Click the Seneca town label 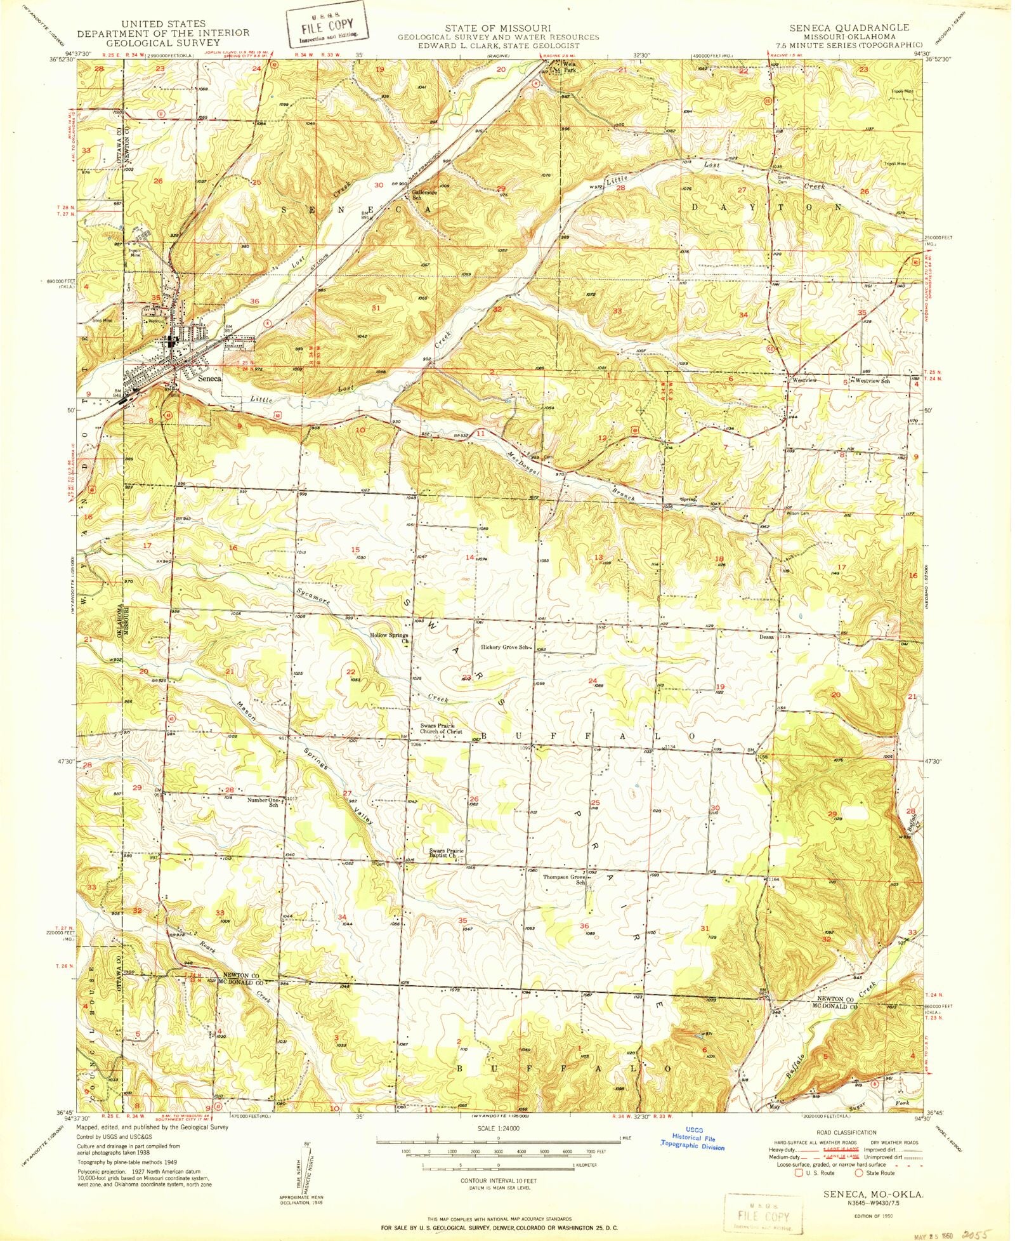click(x=210, y=378)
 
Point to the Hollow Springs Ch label click(x=389, y=637)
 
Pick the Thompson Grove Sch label click(x=563, y=880)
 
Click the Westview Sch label click(x=872, y=381)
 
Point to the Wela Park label click(x=565, y=67)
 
